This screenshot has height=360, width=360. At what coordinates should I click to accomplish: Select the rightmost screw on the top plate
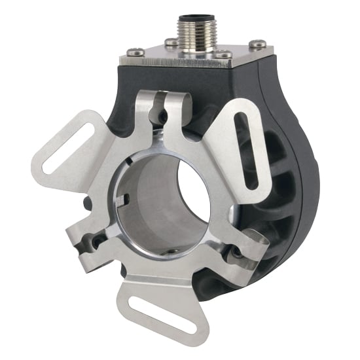coord(258,45)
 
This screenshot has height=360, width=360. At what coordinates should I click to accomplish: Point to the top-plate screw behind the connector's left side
coord(171,43)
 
